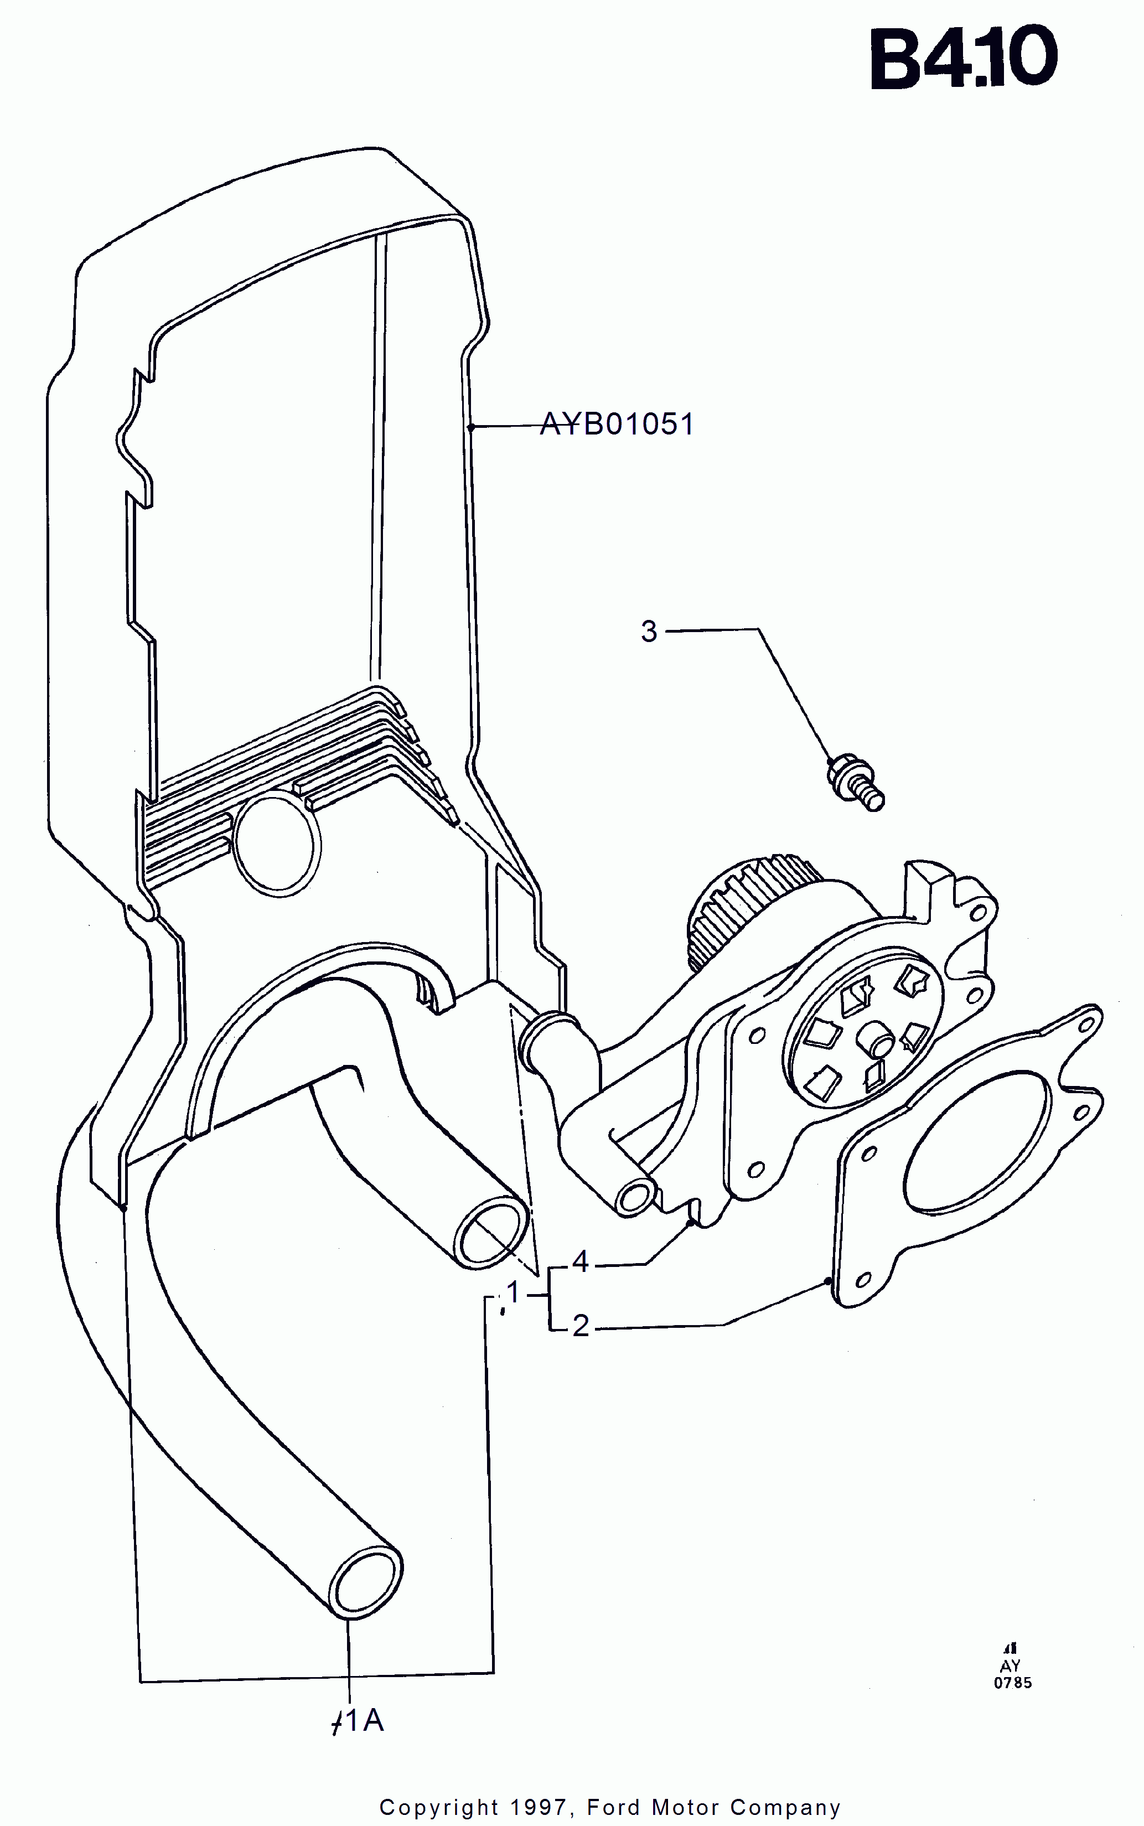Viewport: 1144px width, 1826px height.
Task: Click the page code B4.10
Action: [x=963, y=58]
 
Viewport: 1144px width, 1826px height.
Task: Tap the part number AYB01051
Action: [x=617, y=425]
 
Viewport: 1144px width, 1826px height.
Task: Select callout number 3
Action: [x=649, y=631]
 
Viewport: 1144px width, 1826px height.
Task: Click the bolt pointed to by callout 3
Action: [x=857, y=783]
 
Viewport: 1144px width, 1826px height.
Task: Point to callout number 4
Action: [x=581, y=1261]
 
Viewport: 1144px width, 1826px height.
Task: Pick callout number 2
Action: [x=581, y=1326]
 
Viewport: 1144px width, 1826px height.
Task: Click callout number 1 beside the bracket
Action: [x=514, y=1292]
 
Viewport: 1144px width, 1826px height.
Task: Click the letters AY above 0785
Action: [x=1011, y=1665]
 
